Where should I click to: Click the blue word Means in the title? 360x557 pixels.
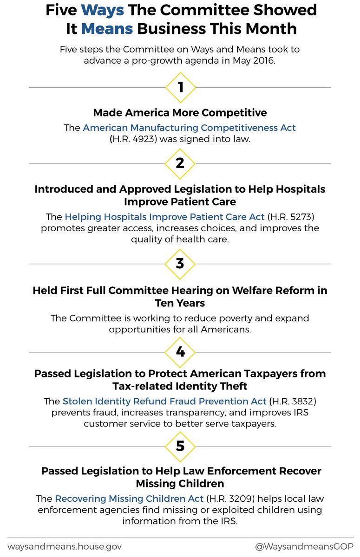pos(107,29)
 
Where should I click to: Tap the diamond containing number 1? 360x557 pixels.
pos(180,87)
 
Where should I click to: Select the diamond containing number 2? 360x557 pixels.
pos(180,163)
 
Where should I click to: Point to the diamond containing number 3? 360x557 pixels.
pos(180,264)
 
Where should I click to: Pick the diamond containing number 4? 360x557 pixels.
pos(180,351)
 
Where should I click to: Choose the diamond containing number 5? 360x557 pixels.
pos(180,446)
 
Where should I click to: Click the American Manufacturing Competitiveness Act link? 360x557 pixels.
pos(189,128)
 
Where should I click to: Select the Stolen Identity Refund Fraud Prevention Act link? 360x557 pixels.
pos(164,401)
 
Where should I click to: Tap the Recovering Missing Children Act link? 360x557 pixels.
pos(129,499)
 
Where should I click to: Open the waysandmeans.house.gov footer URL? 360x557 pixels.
pos(64,547)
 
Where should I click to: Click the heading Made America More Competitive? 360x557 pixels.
pos(180,113)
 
